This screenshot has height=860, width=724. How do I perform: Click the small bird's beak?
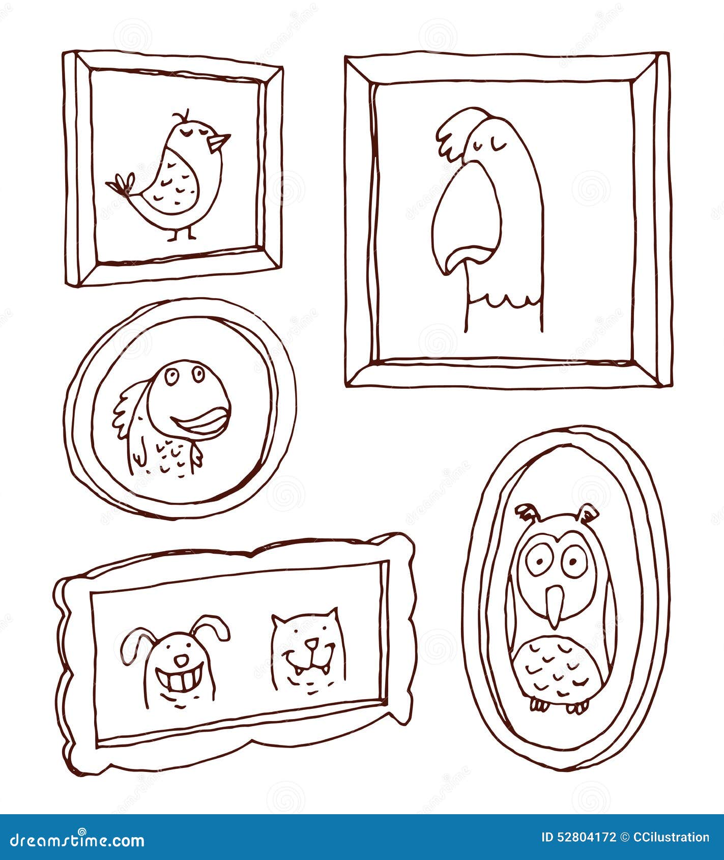click(x=220, y=142)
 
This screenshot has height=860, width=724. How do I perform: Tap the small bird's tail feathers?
click(x=120, y=184)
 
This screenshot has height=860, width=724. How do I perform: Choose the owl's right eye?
click(x=573, y=561)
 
